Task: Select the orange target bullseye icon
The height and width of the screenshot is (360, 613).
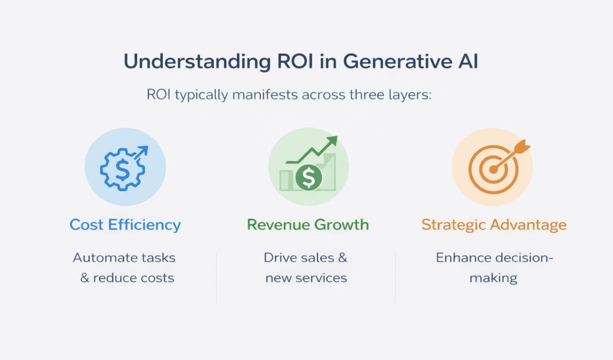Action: tap(489, 170)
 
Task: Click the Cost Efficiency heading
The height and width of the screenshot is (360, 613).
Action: tap(125, 225)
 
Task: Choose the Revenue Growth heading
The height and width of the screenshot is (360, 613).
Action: tap(308, 225)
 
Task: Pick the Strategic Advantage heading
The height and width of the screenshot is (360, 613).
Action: tap(494, 225)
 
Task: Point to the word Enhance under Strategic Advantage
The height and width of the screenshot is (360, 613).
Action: tap(462, 258)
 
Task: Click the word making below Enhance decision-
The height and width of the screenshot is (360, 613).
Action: tap(494, 278)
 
